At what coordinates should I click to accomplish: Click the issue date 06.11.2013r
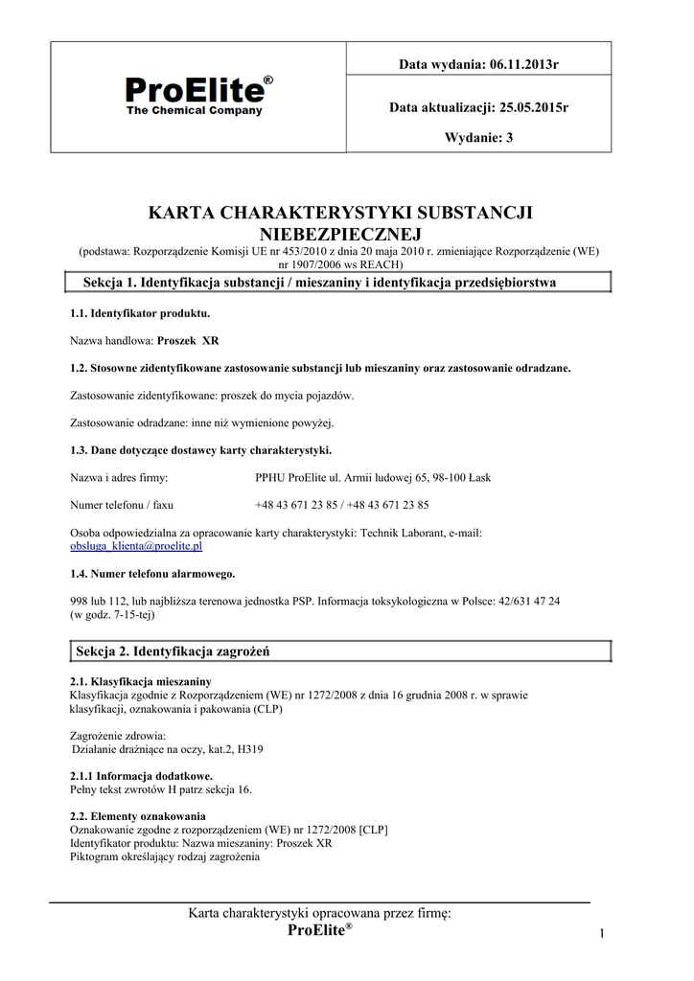(523, 64)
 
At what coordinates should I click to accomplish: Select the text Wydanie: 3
(479, 137)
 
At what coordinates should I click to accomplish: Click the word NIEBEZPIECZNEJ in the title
(340, 233)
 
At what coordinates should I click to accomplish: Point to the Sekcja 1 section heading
(320, 283)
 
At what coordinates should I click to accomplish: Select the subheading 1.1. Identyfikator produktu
(140, 313)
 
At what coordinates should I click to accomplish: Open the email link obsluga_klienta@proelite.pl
(136, 546)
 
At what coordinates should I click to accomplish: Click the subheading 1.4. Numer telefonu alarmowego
(152, 574)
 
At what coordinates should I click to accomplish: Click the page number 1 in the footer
(603, 934)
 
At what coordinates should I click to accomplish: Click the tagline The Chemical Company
(195, 110)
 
